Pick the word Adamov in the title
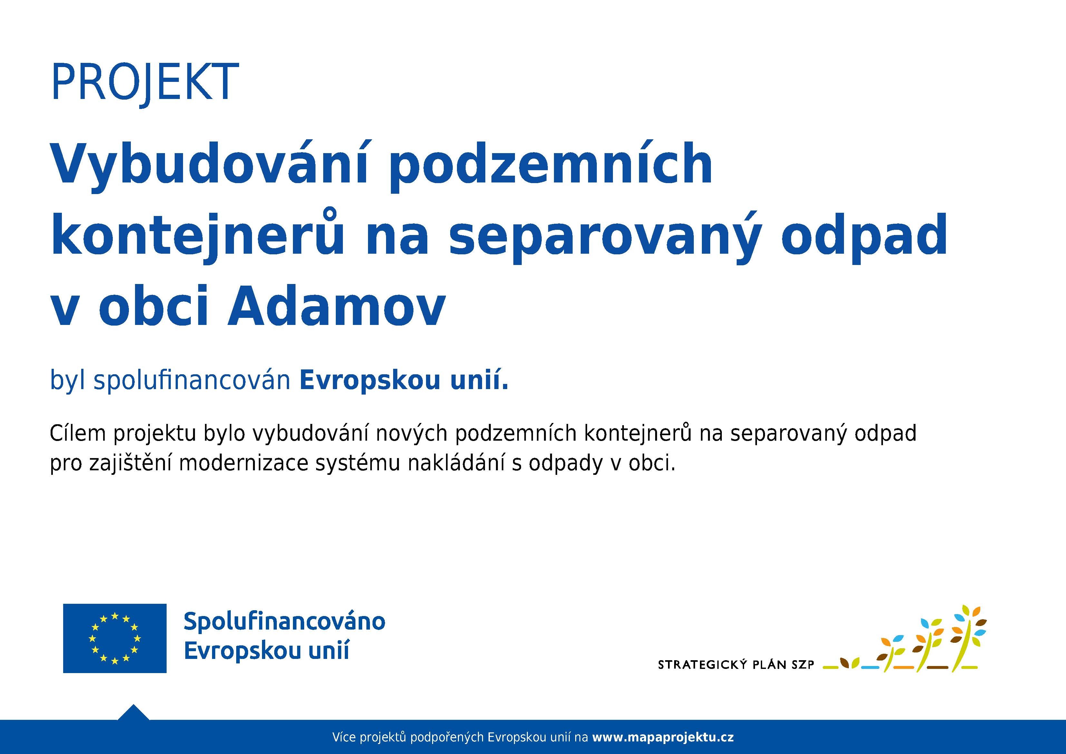[337, 306]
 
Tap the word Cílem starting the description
[78, 434]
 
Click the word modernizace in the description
[243, 464]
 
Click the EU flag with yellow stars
[115, 638]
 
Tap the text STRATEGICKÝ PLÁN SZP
[736, 665]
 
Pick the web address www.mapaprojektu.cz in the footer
[663, 737]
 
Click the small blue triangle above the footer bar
[133, 713]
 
